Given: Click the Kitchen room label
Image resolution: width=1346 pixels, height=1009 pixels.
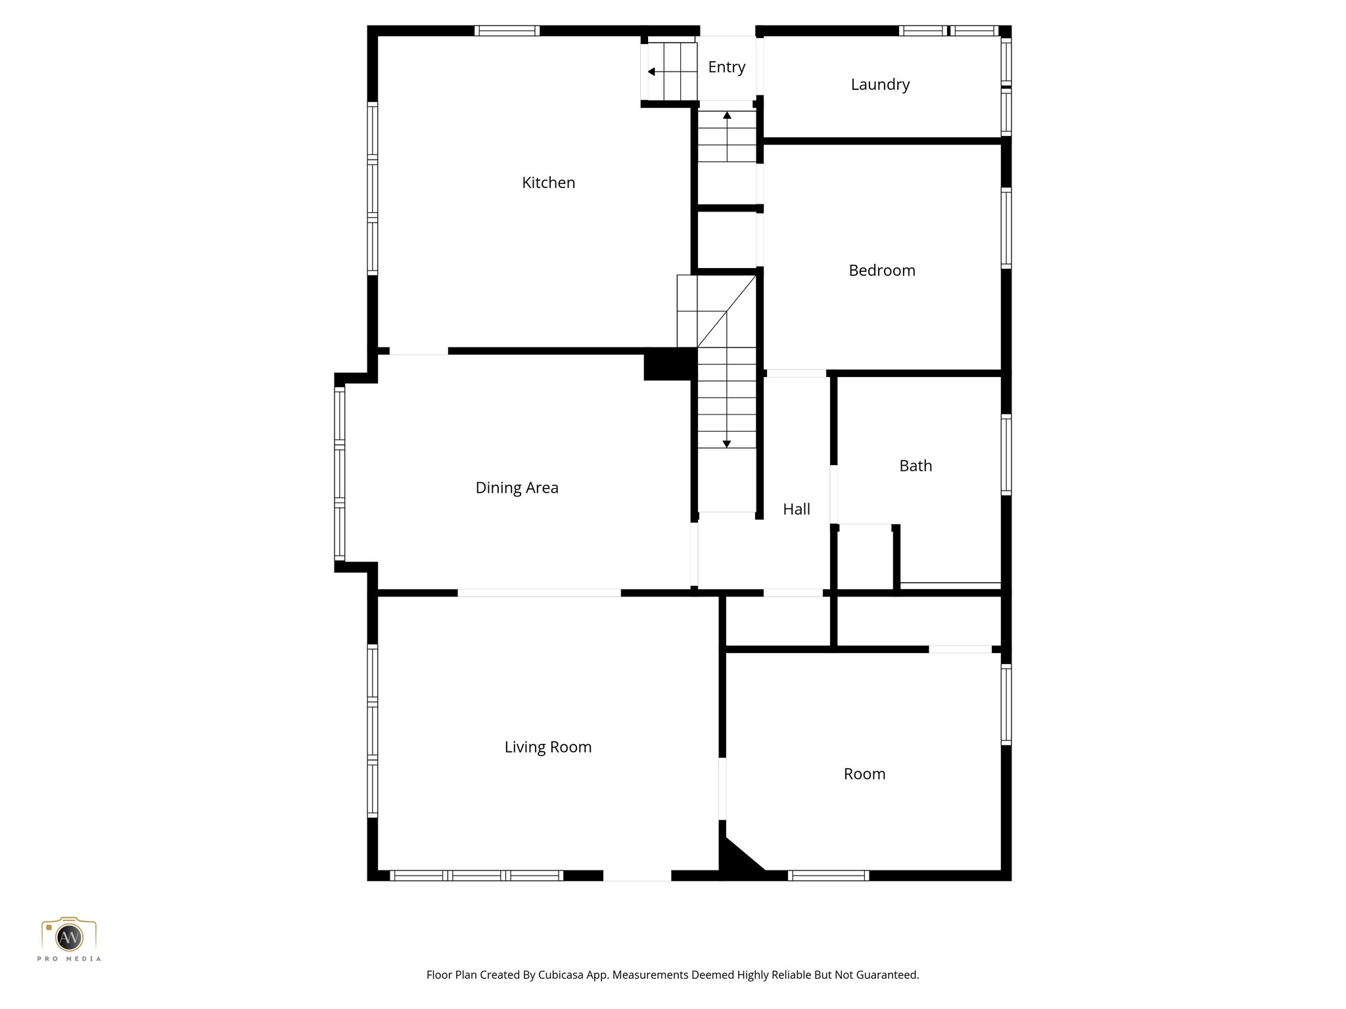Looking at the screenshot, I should pos(548,183).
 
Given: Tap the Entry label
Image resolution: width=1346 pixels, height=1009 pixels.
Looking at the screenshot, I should pos(726,67).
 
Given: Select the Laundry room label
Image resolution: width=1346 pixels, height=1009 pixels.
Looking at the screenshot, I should pos(880,85).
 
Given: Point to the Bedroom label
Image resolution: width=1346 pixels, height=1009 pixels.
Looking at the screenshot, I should pos(881,271).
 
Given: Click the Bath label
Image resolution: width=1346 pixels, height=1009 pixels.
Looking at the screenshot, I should pos(916,466).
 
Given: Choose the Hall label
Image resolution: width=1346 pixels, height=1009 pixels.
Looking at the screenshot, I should pos(797,509).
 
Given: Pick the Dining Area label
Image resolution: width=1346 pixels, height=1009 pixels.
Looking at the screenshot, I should pos(517,488).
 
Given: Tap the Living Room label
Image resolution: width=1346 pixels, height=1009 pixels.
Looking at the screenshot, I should pos(547,748).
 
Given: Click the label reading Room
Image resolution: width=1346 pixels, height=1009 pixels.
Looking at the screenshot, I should pos(864,774).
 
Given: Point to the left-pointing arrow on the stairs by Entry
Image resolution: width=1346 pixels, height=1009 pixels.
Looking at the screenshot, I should pos(651,72).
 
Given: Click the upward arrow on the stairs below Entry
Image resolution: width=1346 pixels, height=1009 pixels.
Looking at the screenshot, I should pos(727,116).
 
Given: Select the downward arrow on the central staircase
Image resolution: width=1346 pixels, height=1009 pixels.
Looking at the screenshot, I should pos(727,444).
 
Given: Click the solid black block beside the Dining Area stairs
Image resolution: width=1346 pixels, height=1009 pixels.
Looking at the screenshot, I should pos(669,364).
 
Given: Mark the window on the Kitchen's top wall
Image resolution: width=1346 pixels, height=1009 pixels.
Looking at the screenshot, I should pos(507,31).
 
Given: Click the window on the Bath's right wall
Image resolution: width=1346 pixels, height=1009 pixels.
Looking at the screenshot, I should pos(1006,455).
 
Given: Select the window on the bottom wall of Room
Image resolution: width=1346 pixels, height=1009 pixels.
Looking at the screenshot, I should pos(828,875).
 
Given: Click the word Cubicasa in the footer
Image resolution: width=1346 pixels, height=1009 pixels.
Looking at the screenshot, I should pos(562,975).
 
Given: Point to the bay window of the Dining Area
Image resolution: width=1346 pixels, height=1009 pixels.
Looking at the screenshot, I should pos(340,473).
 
